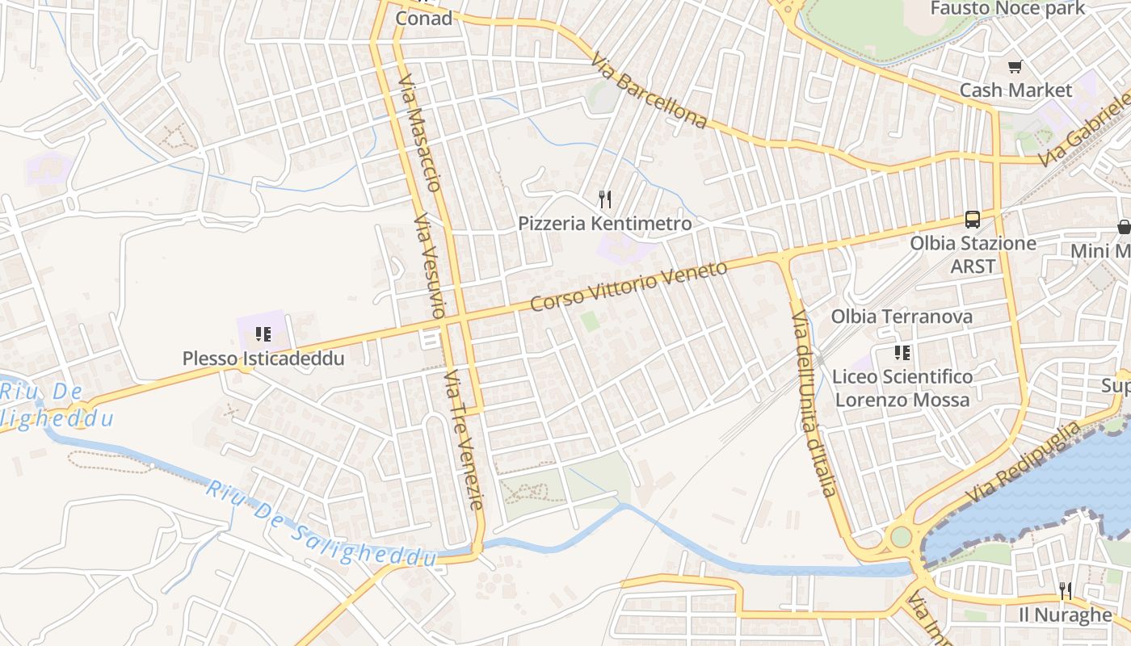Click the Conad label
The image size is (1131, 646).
click(x=423, y=18)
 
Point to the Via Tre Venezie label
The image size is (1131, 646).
click(x=464, y=440)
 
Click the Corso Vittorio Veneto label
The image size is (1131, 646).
click(x=629, y=286)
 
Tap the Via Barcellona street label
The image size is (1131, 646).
click(x=649, y=91)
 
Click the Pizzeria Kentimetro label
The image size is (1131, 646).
click(x=605, y=223)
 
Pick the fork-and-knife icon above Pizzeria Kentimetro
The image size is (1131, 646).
click(x=604, y=199)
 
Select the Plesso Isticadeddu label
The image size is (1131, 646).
click(x=263, y=359)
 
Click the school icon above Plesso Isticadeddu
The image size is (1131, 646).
click(x=263, y=333)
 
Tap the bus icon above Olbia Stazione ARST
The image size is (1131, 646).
click(x=973, y=219)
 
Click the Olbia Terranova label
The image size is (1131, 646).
click(x=902, y=317)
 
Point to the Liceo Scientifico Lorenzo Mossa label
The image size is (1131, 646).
click(x=902, y=388)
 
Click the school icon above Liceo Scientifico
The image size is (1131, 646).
click(x=902, y=352)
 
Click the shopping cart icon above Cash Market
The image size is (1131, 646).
click(x=1015, y=67)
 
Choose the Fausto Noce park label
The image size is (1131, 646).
click(x=1007, y=9)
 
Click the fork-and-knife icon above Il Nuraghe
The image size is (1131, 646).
click(x=1066, y=591)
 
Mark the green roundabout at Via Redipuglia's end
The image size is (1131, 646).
click(x=900, y=537)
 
